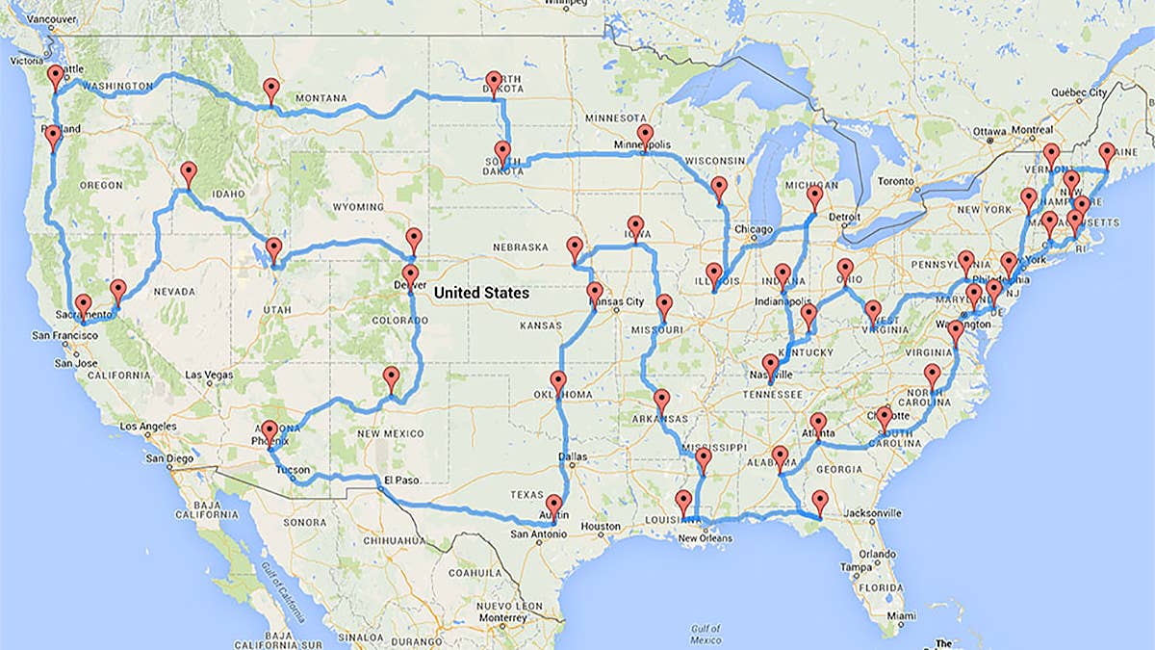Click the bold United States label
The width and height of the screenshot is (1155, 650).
point(480,293)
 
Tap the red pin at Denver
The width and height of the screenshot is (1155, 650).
point(412,276)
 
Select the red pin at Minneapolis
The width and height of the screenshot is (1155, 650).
point(644,136)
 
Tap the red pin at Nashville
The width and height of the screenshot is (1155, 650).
point(770,365)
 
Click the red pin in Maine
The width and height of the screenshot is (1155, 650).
point(1106,153)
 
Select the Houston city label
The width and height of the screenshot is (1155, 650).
point(603,527)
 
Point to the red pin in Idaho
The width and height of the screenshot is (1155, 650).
point(189,173)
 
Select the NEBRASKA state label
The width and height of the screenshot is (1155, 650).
point(520,247)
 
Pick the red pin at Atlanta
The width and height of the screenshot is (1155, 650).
point(818,423)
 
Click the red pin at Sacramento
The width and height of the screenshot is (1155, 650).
point(84,304)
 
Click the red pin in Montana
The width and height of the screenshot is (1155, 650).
point(271,89)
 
